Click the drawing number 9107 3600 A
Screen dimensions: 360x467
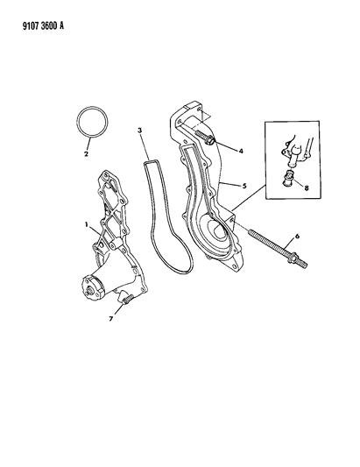click(x=43, y=26)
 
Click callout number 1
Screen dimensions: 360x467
click(x=87, y=225)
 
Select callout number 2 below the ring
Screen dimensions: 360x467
click(x=86, y=154)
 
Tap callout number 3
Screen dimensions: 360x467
click(x=139, y=130)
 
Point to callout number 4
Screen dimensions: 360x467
click(x=241, y=151)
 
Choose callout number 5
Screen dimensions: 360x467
click(x=244, y=186)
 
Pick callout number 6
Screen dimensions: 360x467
click(x=297, y=237)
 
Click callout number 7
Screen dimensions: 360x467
click(x=110, y=319)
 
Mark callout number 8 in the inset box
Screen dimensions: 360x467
click(x=306, y=188)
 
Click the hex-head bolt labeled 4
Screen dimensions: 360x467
click(x=205, y=138)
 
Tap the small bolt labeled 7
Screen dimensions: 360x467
click(x=126, y=299)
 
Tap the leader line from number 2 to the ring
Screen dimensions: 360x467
click(x=89, y=145)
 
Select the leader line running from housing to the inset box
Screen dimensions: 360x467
click(x=249, y=198)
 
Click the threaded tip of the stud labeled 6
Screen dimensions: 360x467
click(x=302, y=264)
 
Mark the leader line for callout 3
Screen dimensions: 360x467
click(x=145, y=146)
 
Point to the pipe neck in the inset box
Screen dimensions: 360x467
click(x=293, y=156)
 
